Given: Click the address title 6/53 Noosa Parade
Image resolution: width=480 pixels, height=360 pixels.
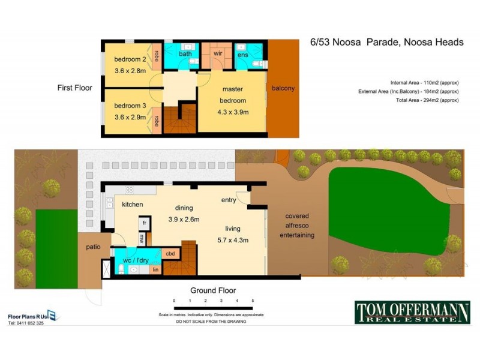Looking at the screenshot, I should click(x=386, y=42).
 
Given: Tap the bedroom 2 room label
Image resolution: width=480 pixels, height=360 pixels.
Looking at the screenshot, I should click(x=130, y=59).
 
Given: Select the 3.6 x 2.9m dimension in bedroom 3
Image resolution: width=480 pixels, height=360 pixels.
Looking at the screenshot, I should click(x=130, y=117).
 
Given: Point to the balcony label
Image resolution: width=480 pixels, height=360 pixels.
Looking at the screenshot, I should click(x=283, y=89).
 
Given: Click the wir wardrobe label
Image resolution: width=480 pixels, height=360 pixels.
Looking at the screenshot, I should click(x=218, y=53).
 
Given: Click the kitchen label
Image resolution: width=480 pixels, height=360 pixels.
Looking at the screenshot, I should click(x=133, y=205).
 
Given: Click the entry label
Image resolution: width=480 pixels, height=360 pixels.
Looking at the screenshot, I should click(x=229, y=200).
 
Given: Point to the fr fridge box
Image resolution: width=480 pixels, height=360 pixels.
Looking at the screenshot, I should click(x=144, y=223).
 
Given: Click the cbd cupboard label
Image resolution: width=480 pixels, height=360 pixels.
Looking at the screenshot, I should click(x=170, y=254).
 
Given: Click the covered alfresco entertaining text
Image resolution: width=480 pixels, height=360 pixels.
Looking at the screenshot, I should click(x=296, y=226).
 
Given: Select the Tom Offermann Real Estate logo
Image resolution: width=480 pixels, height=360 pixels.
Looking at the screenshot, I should click(x=412, y=312).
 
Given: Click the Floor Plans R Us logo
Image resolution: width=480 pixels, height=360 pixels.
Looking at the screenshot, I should click(x=32, y=316).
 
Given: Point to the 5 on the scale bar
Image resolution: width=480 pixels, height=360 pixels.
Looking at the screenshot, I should click(x=253, y=299).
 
